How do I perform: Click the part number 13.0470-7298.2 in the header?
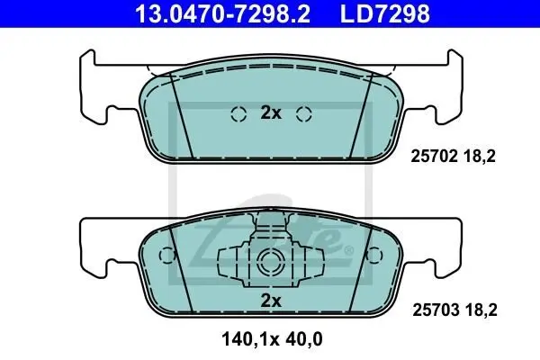[222, 13]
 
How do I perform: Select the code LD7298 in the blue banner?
[385, 13]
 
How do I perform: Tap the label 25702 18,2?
[453, 157]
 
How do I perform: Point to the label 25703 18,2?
[454, 310]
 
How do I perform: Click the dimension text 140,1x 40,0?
[272, 339]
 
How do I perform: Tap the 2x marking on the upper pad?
[271, 112]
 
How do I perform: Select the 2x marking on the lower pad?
[271, 301]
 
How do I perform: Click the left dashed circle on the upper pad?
[238, 114]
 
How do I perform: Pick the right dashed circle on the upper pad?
[304, 114]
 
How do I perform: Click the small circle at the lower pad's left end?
[167, 256]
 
